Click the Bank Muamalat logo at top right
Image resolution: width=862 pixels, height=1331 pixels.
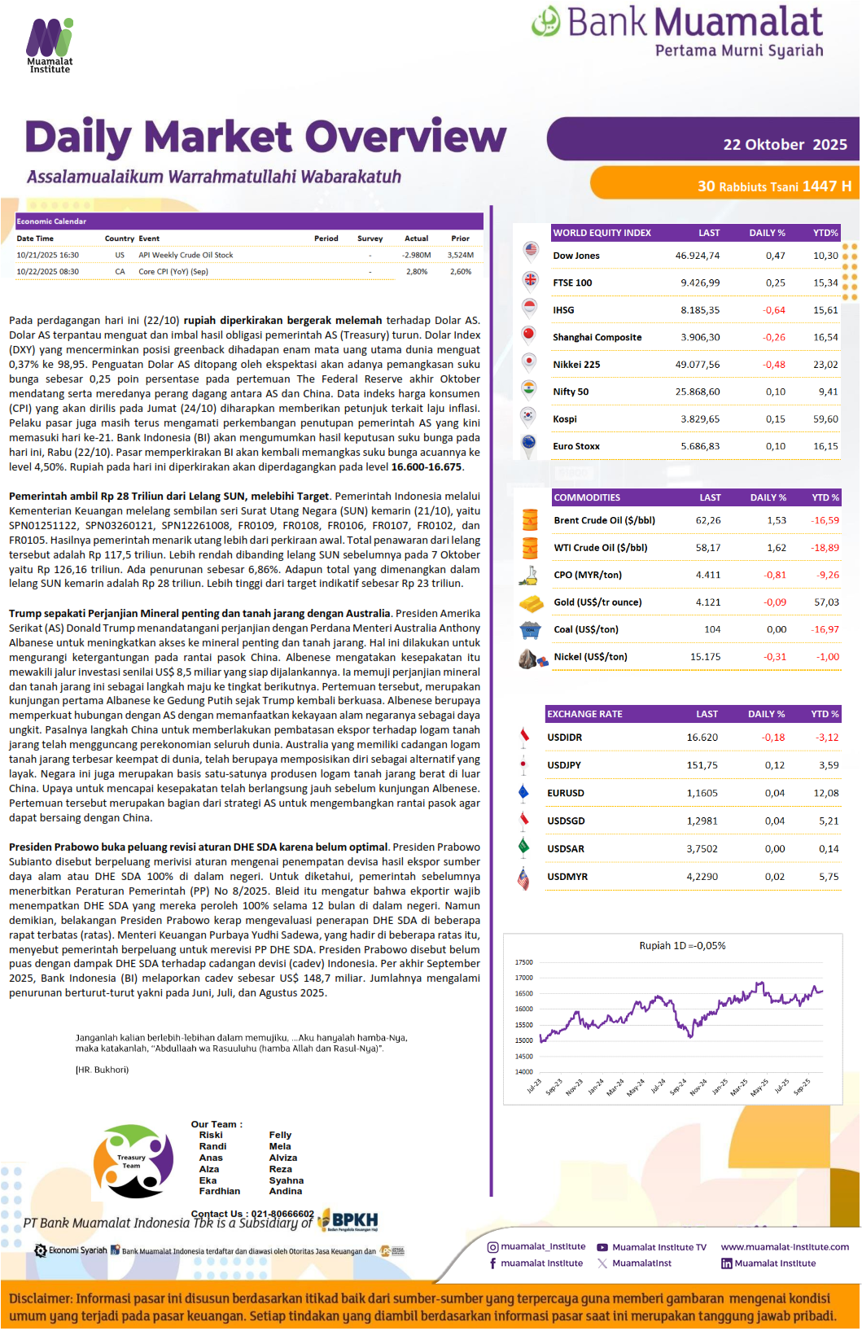(x=677, y=32)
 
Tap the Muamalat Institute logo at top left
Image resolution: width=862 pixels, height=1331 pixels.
(x=50, y=46)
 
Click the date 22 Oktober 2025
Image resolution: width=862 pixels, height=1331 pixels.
(x=785, y=145)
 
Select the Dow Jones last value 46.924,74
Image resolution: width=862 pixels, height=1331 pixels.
(x=697, y=256)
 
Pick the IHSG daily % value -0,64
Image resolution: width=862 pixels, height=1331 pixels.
(x=773, y=310)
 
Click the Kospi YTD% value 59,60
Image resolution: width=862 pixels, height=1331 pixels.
(x=825, y=419)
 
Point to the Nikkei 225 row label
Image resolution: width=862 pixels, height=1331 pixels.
(x=576, y=365)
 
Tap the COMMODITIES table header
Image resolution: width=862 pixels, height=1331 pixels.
(x=587, y=497)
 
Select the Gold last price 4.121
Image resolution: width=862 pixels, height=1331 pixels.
(x=707, y=602)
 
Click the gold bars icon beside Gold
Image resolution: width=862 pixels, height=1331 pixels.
(x=531, y=603)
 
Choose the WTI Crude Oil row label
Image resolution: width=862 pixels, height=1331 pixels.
(x=600, y=548)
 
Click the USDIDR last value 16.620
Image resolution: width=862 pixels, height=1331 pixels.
(x=702, y=738)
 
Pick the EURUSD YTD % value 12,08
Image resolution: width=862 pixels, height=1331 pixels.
(x=825, y=793)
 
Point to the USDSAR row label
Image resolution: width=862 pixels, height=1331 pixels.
(x=566, y=849)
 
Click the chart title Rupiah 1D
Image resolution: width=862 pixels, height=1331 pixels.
(x=682, y=946)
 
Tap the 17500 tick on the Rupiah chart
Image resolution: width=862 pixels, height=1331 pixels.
(x=523, y=962)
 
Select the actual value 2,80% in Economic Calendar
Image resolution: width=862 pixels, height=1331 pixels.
(x=417, y=272)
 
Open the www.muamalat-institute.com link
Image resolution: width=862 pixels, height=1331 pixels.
(x=785, y=1247)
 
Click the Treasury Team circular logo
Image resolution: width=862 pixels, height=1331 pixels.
(x=133, y=1162)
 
